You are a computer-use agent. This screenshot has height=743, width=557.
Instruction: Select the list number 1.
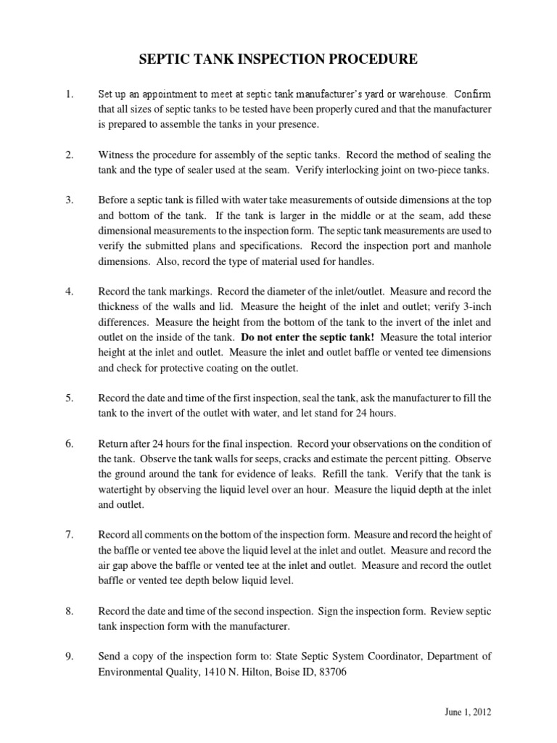point(70,94)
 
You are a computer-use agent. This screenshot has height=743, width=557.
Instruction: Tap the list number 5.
point(70,399)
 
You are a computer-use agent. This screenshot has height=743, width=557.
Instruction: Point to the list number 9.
point(70,656)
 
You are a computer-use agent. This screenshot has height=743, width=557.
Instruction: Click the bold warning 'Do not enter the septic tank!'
point(308,337)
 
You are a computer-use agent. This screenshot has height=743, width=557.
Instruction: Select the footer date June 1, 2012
point(469,713)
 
